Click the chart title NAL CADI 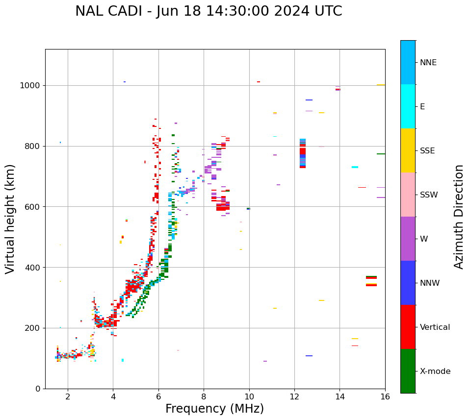[209, 11]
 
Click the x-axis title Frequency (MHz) [214, 409]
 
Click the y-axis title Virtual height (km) [10, 219]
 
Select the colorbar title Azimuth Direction [459, 216]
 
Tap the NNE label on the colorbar [428, 63]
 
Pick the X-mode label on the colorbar [435, 371]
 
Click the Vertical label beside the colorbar [435, 327]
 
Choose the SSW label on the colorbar [429, 195]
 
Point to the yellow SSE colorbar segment [408, 150]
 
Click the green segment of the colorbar [408, 371]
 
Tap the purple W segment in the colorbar [408, 239]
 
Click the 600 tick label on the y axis [35, 207]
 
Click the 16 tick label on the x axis [385, 396]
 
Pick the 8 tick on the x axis [204, 396]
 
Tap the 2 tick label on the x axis [68, 396]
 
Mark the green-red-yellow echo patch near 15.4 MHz [371, 281]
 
